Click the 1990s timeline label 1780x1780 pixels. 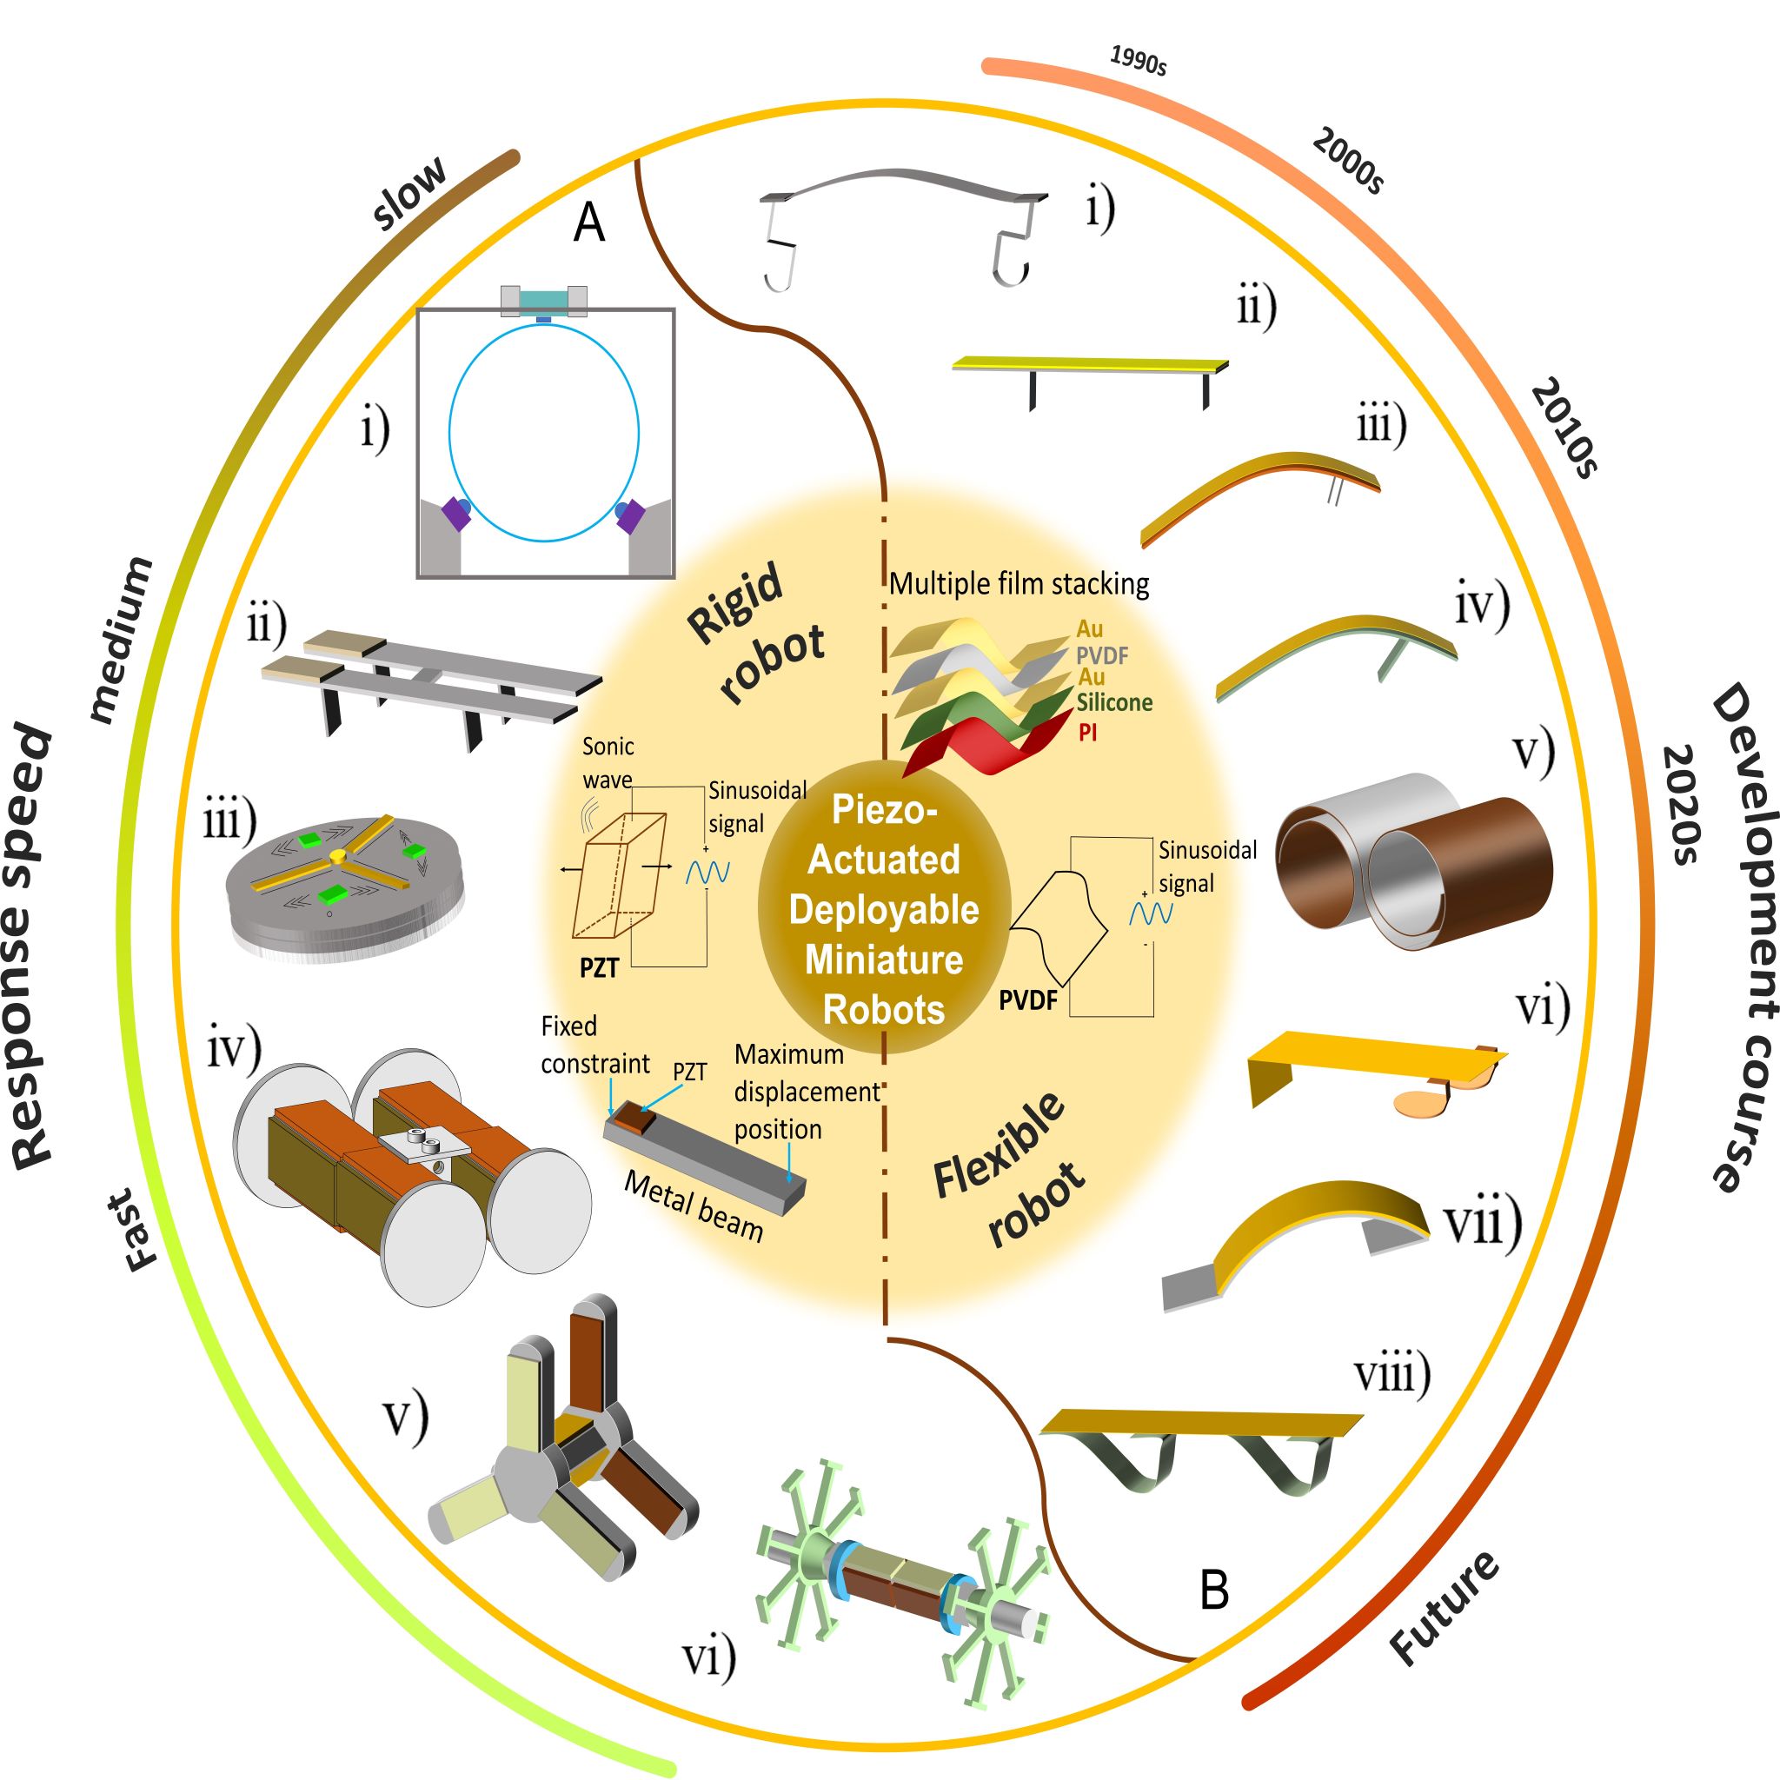(1139, 61)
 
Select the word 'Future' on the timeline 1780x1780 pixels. (1445, 1608)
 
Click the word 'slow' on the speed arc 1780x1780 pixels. (410, 191)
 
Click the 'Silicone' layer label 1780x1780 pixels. (1114, 703)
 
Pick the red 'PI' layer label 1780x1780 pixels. (1087, 734)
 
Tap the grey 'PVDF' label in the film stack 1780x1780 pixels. (1102, 656)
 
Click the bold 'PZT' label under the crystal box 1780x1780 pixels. (599, 968)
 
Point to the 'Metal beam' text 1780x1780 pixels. (693, 1207)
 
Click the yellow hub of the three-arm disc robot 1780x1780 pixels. (338, 857)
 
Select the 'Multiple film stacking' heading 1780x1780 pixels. (1019, 584)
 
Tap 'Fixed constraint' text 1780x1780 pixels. (594, 1045)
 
